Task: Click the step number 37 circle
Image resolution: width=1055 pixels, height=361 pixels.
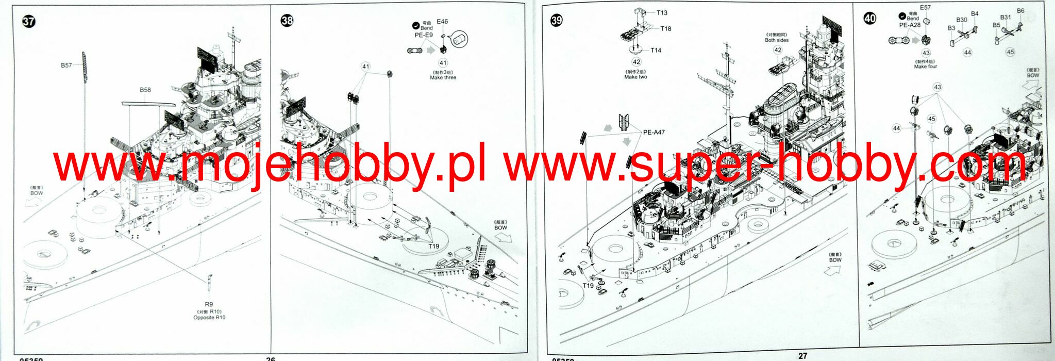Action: tap(29, 21)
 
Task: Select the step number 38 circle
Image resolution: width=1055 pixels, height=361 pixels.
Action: tap(287, 20)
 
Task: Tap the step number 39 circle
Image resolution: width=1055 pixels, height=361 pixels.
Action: tap(557, 21)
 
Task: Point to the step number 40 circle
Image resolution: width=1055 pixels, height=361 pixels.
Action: tap(869, 19)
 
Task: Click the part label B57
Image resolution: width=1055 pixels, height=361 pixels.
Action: tap(66, 65)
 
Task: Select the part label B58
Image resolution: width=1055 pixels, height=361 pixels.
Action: tap(145, 90)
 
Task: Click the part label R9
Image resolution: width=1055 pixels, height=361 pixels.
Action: tap(209, 304)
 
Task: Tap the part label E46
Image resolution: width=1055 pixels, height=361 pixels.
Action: tap(442, 22)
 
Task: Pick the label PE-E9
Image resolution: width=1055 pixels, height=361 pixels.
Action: tap(424, 35)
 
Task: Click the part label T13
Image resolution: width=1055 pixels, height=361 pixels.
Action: tap(662, 13)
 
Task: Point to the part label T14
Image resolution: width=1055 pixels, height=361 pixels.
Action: tap(656, 50)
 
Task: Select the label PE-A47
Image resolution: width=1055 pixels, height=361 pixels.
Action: tap(654, 132)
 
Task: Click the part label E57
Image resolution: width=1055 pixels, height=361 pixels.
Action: tap(925, 8)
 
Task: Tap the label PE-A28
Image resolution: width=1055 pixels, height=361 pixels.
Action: tap(910, 25)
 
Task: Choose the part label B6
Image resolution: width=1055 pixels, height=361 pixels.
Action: tap(1020, 11)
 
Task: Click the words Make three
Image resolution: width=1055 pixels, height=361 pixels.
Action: tap(443, 78)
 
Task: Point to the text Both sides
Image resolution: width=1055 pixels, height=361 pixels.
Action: tap(777, 40)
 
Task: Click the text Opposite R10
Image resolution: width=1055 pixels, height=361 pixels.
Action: tap(209, 318)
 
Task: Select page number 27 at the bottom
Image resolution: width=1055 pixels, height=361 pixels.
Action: tap(802, 356)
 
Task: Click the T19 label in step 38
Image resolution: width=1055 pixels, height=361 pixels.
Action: tap(433, 246)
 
